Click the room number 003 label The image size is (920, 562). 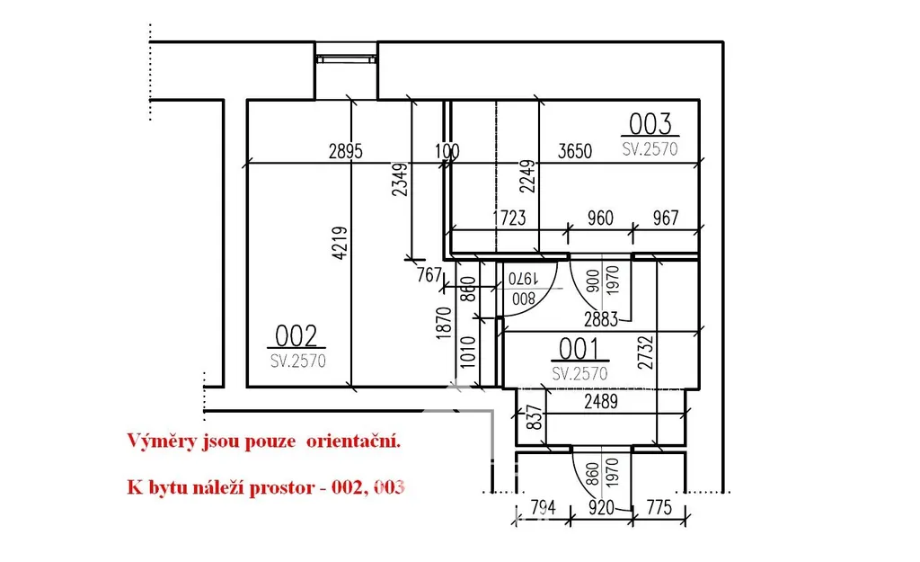[650, 123]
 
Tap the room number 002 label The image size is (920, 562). [296, 336]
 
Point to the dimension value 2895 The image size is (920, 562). [345, 152]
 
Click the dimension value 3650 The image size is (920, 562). [575, 152]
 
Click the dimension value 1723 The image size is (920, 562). [508, 218]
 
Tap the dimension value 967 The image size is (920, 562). [665, 218]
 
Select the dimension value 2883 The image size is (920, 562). [599, 319]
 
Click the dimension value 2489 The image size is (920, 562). [600, 404]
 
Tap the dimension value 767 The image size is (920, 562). [430, 276]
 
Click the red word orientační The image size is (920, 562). [353, 442]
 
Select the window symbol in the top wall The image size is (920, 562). [345, 59]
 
